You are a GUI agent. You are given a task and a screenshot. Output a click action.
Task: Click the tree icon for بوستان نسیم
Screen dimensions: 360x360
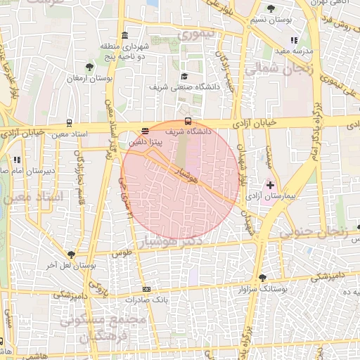pyautogui.click(x=271, y=8)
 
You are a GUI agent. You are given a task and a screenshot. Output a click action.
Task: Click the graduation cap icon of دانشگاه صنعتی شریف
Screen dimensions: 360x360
pyautogui.click(x=184, y=76)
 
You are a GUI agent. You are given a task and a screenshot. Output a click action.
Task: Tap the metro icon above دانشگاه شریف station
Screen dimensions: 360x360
pyautogui.click(x=187, y=120)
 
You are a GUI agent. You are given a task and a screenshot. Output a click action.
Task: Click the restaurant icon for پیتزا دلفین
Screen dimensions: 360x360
pyautogui.click(x=145, y=130)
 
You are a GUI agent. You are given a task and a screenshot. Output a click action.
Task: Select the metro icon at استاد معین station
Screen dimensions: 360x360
pyautogui.click(x=69, y=123)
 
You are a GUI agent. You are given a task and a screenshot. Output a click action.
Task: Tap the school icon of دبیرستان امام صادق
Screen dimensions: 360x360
pyautogui.click(x=16, y=160)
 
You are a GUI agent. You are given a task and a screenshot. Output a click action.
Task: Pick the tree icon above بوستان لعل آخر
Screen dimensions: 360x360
pyautogui.click(x=71, y=255)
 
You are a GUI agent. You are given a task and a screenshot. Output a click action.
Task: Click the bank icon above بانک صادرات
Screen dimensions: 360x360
pyautogui.click(x=146, y=289)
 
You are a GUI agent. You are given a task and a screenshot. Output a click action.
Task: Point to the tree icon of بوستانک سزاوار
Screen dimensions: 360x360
pyautogui.click(x=262, y=278)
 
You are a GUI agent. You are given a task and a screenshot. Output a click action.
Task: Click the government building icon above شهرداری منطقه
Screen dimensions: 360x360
pyautogui.click(x=124, y=35)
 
